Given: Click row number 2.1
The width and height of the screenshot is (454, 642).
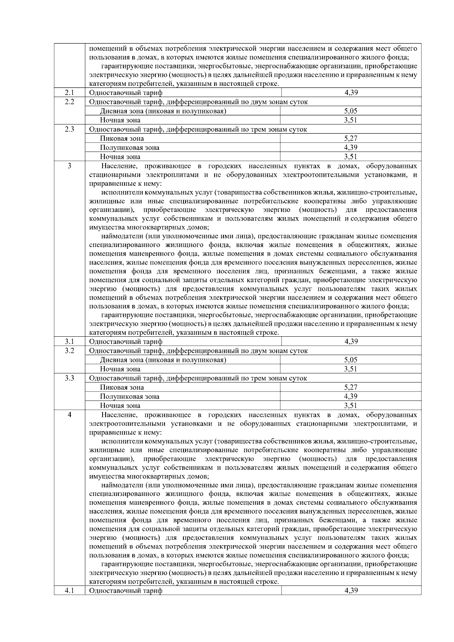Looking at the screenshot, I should coord(69,93).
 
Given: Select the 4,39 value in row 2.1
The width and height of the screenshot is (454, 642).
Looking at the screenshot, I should coord(351,93).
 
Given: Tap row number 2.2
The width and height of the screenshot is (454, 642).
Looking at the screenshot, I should coord(69,102).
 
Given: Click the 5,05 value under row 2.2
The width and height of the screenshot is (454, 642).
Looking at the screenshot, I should coord(351,111).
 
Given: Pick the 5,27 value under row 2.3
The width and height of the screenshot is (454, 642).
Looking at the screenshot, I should coord(351,138).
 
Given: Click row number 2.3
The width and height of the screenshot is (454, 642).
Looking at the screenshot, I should coord(69,129).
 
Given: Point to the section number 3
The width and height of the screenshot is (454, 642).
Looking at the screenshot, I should coord(69,166).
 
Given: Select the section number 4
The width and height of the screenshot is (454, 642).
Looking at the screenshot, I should coord(69,415).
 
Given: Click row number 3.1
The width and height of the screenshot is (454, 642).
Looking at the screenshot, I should coord(69,342).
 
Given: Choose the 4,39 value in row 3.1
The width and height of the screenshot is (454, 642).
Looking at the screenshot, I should coord(351,342).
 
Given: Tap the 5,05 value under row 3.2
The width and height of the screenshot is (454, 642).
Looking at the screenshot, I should coord(351,360).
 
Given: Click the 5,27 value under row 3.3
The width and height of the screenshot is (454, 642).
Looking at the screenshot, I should coord(351,387).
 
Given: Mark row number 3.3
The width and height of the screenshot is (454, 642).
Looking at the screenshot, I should coord(69,378).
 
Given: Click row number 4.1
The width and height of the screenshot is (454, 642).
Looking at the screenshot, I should coord(69,591).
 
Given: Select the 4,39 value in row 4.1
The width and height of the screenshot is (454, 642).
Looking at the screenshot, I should coord(351,591).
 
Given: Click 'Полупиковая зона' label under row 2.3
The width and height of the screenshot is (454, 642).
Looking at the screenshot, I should coord(130,148).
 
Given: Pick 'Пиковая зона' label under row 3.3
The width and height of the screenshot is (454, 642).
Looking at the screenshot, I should coord(122,387).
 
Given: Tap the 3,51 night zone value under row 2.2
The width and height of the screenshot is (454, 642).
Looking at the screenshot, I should coord(351,120).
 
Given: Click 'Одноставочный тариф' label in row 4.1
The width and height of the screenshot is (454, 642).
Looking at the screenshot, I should coord(126,591).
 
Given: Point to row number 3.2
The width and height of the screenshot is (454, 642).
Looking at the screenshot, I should coord(69,351).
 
